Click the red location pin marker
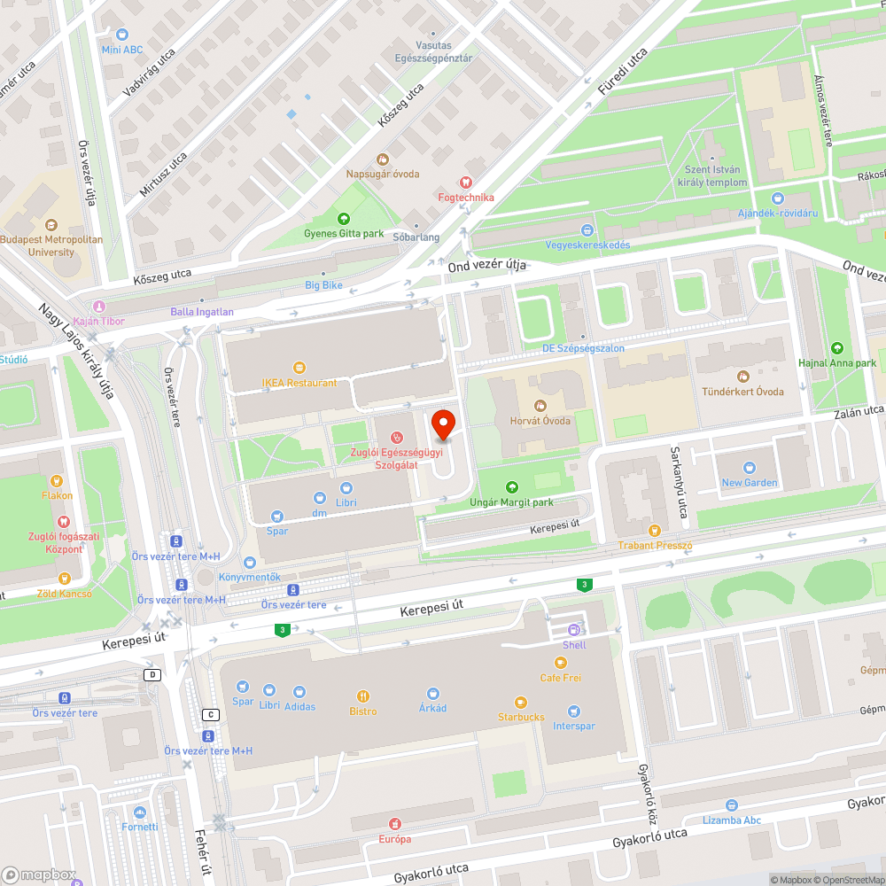pos(443,424)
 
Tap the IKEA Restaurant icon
pos(299,368)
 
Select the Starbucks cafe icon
pos(521,703)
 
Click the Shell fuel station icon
pos(574,631)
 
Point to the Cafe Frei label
pos(560,678)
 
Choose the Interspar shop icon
pos(573,711)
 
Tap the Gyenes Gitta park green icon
pos(344,219)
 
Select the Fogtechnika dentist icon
pos(466,183)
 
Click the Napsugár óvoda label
pos(383,175)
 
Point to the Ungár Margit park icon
pos(511,487)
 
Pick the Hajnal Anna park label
pos(836,363)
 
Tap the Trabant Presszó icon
pos(655,530)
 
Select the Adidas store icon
pos(299,691)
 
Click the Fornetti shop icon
pos(140,812)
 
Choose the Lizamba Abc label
pos(732,820)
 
